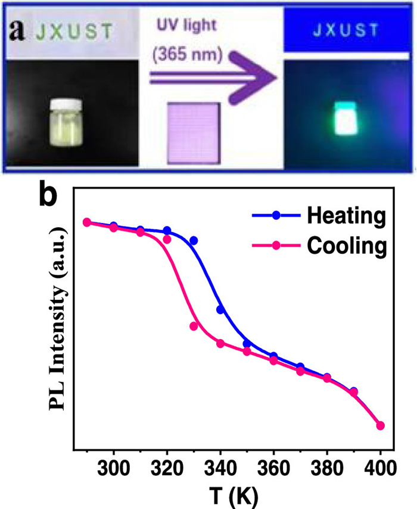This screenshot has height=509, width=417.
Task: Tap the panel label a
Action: coord(14,31)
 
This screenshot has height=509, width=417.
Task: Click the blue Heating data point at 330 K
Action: coord(194,241)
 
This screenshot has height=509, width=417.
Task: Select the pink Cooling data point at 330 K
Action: coord(194,326)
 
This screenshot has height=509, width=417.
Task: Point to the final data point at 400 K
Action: coord(381,426)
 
